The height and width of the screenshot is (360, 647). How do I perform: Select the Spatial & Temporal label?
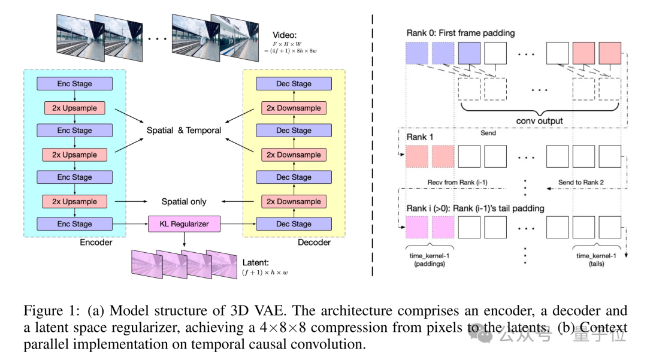click(184, 130)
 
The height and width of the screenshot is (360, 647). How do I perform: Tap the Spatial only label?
click(184, 201)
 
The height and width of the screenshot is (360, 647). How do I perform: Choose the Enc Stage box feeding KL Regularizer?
click(74, 224)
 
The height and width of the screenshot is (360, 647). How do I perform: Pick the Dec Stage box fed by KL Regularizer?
click(293, 224)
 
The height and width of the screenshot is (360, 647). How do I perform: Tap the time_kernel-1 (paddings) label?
click(429, 259)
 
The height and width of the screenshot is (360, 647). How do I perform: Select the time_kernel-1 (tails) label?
click(596, 259)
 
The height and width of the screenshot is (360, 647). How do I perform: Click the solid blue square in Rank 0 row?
click(470, 53)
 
